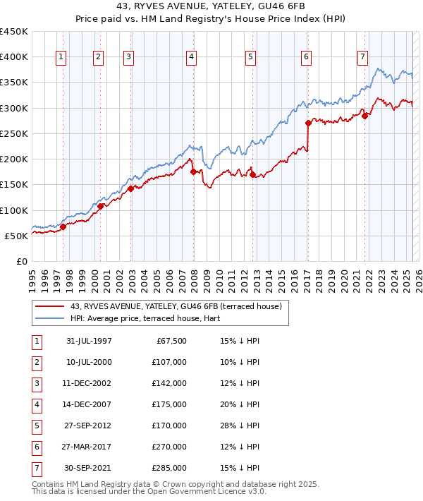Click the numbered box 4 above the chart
tap(192, 57)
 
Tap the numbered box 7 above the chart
tap(362, 57)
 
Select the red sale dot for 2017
tap(308, 123)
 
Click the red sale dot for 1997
tap(63, 227)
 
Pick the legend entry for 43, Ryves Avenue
tap(176, 306)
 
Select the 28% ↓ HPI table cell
tap(235, 425)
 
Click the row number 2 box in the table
tap(36, 362)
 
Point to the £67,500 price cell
tap(171, 341)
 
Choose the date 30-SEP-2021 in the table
tap(88, 468)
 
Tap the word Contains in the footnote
tap(49, 485)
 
